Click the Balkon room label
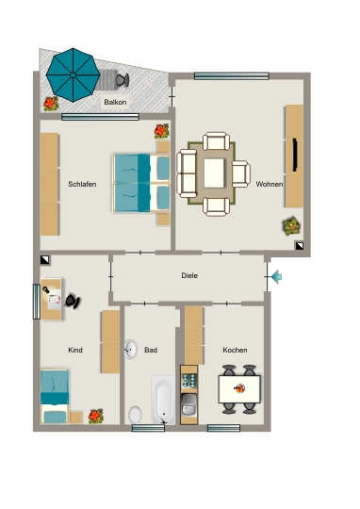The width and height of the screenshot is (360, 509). [x=115, y=102]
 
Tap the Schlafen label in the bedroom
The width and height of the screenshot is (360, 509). [x=82, y=184]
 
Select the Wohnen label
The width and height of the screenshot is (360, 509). [x=270, y=184]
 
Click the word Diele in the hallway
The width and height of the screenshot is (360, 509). [x=189, y=275]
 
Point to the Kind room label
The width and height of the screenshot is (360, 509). [x=75, y=350]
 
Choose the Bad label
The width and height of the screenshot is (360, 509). [x=151, y=350]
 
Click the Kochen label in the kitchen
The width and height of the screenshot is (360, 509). [x=235, y=350]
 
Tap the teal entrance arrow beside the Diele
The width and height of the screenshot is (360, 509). [x=276, y=277]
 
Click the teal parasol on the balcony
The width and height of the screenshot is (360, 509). [x=74, y=75]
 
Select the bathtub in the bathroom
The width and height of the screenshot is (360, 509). [x=163, y=400]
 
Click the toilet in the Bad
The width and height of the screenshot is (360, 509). [x=135, y=415]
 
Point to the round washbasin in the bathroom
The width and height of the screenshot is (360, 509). [x=130, y=349]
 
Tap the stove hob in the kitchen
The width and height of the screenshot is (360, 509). [x=189, y=381]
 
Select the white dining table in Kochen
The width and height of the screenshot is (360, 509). [x=239, y=389]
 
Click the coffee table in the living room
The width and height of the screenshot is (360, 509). [x=214, y=173]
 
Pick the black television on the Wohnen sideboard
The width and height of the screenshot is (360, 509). [x=295, y=155]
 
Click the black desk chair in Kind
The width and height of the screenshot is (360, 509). [x=73, y=301]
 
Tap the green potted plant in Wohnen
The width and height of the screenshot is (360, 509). [x=291, y=226]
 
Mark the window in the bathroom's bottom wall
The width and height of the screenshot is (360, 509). [x=148, y=428]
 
